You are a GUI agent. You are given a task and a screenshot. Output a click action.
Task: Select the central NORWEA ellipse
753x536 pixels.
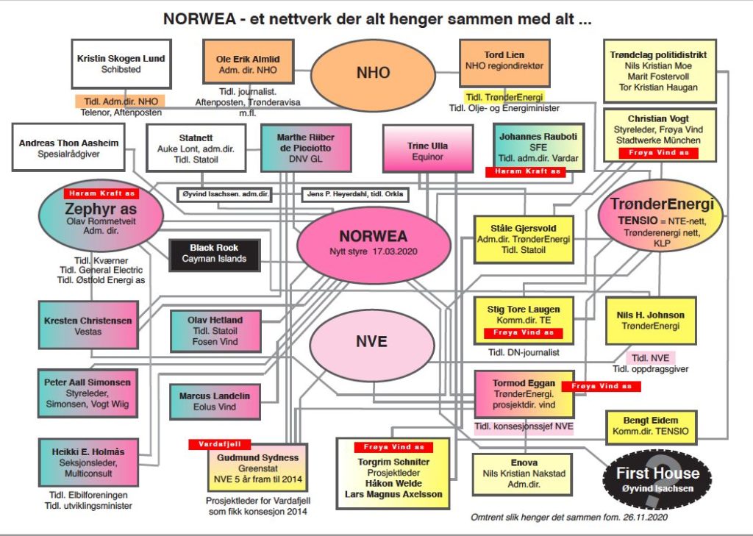(373, 242)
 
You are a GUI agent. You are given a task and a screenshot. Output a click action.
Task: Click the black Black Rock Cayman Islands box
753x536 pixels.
(214, 253)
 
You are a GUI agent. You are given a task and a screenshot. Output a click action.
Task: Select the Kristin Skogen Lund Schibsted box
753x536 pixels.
(121, 63)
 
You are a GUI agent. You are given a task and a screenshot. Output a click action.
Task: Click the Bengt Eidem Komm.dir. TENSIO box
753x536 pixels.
(649, 426)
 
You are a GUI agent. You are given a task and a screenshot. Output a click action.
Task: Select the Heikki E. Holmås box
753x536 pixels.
(89, 462)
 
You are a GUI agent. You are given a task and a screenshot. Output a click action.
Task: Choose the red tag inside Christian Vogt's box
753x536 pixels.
(657, 154)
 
